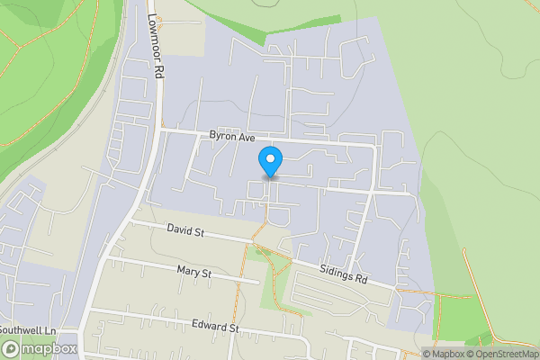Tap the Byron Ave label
[x=232, y=137]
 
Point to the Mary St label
[x=193, y=271]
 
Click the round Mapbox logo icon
[x=12, y=348]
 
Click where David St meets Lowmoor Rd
[x=131, y=220]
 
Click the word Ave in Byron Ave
[x=246, y=138]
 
